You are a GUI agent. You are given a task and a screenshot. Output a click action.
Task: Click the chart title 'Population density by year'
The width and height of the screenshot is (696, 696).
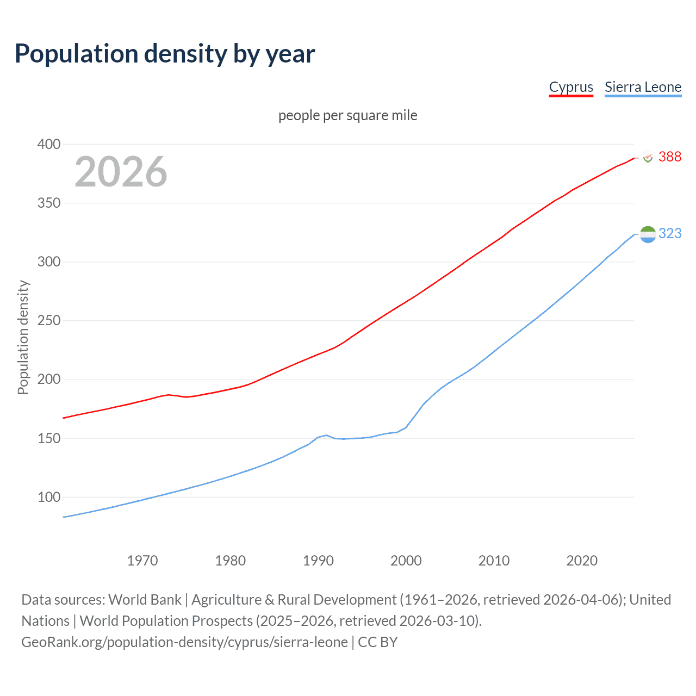[x=165, y=54]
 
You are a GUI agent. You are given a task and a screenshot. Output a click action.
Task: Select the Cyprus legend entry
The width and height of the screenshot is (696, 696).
[x=570, y=87]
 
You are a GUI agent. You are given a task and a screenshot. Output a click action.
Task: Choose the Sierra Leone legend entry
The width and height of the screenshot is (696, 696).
[x=643, y=87]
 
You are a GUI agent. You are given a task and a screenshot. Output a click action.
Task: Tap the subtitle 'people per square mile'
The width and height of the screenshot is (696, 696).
[x=347, y=115]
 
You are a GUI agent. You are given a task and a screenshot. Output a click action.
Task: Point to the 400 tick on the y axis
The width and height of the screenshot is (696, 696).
[x=49, y=144]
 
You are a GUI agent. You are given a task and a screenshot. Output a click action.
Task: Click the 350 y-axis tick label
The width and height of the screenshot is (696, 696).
[x=49, y=203]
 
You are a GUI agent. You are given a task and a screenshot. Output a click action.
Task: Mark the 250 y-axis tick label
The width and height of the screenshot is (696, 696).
[x=49, y=320]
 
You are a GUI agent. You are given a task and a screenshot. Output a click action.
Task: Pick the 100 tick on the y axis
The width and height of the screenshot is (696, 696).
[x=49, y=497]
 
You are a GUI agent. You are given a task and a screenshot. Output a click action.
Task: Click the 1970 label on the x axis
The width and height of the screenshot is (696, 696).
[x=142, y=561]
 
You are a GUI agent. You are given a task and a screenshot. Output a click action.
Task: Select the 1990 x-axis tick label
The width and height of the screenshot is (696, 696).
[x=318, y=561]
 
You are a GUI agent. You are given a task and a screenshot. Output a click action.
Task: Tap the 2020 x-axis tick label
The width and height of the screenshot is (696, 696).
[x=582, y=561]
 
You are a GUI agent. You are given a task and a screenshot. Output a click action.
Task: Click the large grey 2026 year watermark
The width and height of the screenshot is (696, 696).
[x=121, y=172]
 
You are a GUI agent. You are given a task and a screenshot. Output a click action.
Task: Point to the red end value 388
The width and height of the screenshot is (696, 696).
[x=669, y=157]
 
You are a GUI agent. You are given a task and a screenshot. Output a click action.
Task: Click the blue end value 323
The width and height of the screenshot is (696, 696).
[x=669, y=233]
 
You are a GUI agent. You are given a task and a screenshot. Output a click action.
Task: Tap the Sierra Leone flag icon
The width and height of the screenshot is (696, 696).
[x=648, y=234]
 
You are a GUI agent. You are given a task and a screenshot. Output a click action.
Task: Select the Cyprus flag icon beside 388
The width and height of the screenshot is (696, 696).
[x=648, y=157]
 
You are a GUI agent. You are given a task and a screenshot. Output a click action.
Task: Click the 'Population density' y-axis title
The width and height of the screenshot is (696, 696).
[x=23, y=337]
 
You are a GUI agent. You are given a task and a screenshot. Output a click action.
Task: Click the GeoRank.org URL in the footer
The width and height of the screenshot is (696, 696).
[x=184, y=642]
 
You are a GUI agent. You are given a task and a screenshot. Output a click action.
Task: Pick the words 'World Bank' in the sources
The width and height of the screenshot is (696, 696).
[x=145, y=600]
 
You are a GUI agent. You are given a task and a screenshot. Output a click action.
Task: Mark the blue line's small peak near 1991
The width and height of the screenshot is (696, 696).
[x=326, y=435]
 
